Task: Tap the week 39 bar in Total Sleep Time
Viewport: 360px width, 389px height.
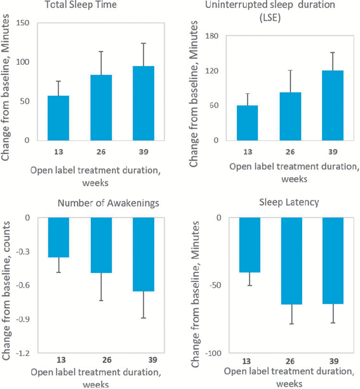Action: click(x=143, y=103)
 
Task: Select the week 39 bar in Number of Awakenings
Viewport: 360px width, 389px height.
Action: click(x=143, y=254)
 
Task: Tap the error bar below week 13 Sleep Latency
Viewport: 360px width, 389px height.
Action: click(x=249, y=279)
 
